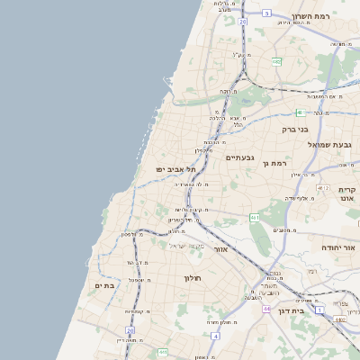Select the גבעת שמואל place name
[335, 145]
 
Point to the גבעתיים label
[242, 157]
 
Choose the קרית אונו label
[348, 196]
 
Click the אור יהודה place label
[340, 246]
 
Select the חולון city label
[194, 278]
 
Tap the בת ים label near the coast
[104, 285]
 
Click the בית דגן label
[312, 310]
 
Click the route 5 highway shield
[267, 13]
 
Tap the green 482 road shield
[275, 61]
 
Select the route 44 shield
[266, 309]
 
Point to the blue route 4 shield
[216, 336]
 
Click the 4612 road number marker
[341, 319]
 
